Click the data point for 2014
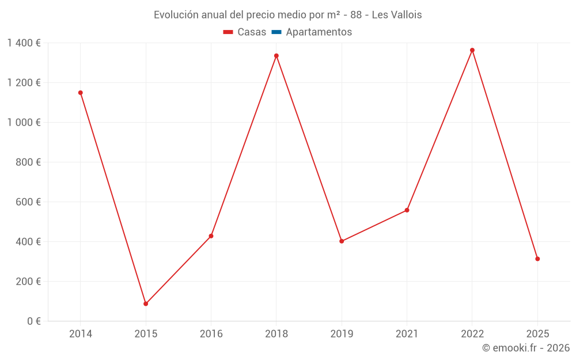81,93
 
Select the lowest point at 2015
146,304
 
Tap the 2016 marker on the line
211,236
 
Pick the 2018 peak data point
276,56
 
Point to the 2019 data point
342,241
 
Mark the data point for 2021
407,210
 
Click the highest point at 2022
472,50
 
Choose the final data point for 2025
537,259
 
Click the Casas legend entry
245,32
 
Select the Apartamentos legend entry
312,32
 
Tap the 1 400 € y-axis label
24,43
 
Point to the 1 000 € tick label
24,123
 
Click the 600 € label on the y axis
28,202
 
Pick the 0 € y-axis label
33,321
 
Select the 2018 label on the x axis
276,334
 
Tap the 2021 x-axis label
407,334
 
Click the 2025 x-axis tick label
537,334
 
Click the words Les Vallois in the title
397,15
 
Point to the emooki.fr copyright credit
526,348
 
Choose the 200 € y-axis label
28,282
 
